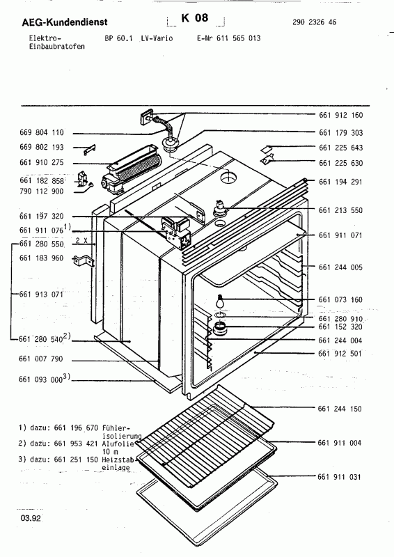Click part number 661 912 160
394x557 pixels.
(341, 115)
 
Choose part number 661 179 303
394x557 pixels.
(341, 132)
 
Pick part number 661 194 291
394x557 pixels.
(341, 181)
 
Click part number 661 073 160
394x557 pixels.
(341, 300)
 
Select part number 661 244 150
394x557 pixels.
(341, 409)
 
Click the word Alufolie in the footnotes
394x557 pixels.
(116, 443)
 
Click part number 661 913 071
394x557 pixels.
(41, 295)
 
